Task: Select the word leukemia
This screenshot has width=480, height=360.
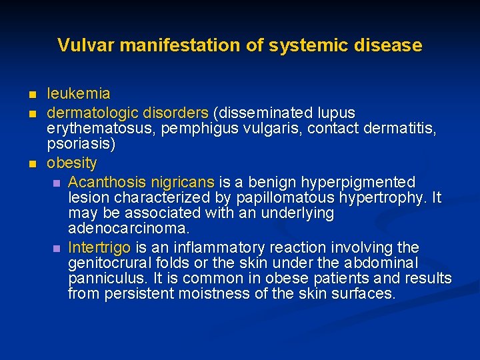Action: [78, 93]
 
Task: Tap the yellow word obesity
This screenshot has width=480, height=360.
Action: [71, 163]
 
